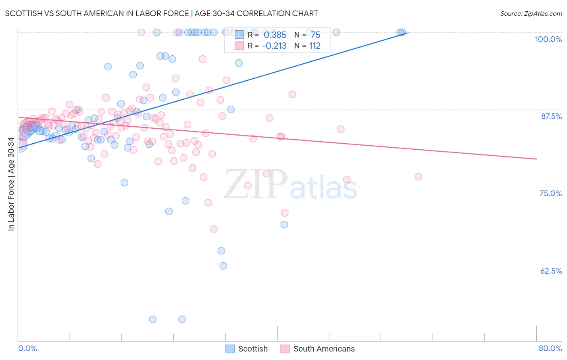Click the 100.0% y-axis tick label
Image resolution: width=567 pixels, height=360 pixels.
[x=548, y=39]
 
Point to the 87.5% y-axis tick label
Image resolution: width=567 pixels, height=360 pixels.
[x=551, y=116]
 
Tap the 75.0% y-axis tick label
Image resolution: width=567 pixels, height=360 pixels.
[x=550, y=193]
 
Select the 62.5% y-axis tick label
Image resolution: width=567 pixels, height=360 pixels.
[x=551, y=271]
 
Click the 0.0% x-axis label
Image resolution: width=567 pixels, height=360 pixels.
[x=27, y=348]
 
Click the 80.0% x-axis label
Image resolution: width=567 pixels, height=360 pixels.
[x=550, y=348]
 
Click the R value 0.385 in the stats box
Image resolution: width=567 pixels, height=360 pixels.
[x=275, y=35]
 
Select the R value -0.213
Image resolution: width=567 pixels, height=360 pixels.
[x=274, y=46]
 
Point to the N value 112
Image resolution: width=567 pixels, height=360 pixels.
[x=315, y=46]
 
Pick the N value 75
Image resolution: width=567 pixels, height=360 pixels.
[x=315, y=35]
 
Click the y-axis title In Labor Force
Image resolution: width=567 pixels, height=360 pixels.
[x=11, y=184]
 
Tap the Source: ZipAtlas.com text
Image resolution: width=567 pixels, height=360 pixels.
[x=531, y=14]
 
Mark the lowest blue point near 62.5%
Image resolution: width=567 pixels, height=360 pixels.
[x=223, y=266]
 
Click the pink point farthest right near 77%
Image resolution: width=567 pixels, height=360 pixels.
[x=418, y=176]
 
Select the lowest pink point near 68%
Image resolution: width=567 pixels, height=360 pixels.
[x=214, y=229]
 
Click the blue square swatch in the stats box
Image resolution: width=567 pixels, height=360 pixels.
[x=239, y=35]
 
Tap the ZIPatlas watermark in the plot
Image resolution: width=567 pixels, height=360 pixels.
[x=290, y=184]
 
